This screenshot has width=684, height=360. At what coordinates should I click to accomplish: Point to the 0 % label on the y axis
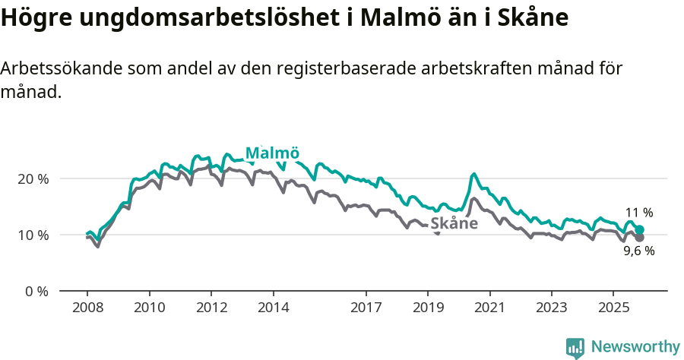[36, 292]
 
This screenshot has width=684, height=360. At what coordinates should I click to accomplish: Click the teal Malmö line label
[272, 153]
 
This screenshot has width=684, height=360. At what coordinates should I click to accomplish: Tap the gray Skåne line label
[454, 223]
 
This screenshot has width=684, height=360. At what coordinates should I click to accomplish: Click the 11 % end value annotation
[639, 213]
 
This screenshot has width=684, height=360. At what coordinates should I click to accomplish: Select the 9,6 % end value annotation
[638, 251]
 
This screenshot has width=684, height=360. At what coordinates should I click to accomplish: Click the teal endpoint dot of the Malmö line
[640, 229]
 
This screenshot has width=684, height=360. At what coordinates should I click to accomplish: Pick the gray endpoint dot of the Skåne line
[640, 238]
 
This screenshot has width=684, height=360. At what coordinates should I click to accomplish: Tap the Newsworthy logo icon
[575, 347]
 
